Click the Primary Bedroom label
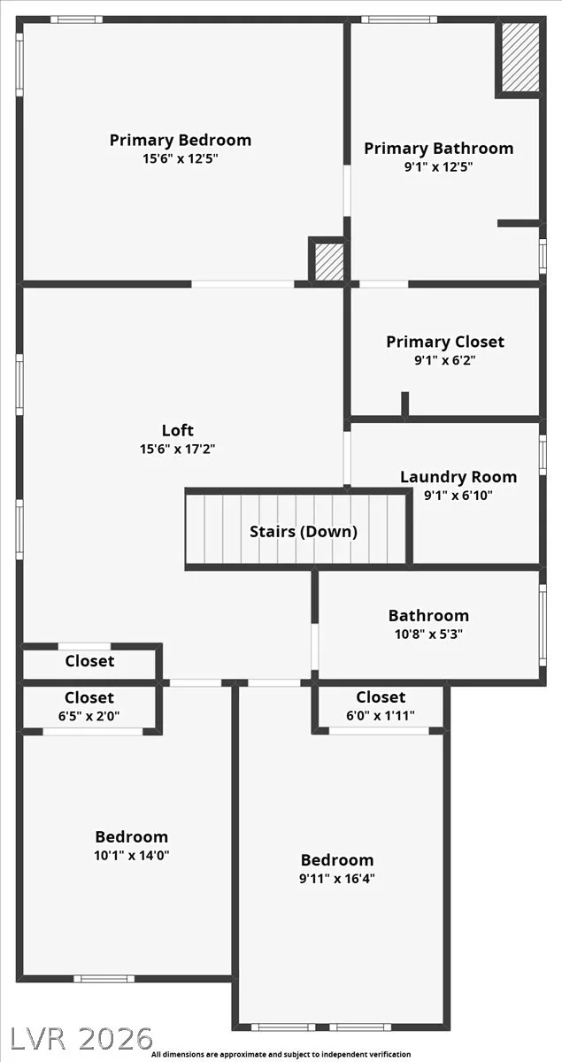pos(181,141)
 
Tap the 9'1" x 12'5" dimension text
pos(438,167)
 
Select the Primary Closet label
pos(445,342)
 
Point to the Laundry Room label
pos(458,477)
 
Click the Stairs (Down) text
pos(304,532)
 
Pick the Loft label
pos(178,430)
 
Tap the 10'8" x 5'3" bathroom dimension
pos(428,634)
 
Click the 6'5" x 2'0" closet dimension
pos(89,716)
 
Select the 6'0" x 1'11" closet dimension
pos(381,715)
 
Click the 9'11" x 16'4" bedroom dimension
pos(337,879)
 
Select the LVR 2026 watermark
pos(81,1037)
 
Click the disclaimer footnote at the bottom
pos(281,1054)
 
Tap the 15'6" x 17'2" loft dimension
pos(178,449)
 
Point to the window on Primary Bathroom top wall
pos(399,19)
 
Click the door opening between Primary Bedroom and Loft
pos(243,284)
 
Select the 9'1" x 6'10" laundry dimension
pos(458,496)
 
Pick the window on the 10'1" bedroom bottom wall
pos(104,979)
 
